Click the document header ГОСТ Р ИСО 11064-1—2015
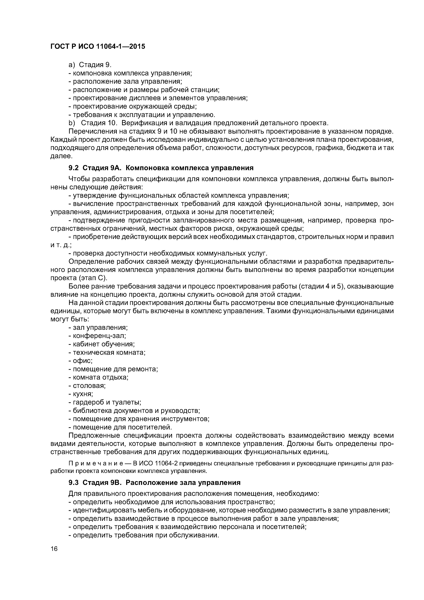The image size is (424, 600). click(x=97, y=47)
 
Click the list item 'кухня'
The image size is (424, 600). click(x=83, y=394)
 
